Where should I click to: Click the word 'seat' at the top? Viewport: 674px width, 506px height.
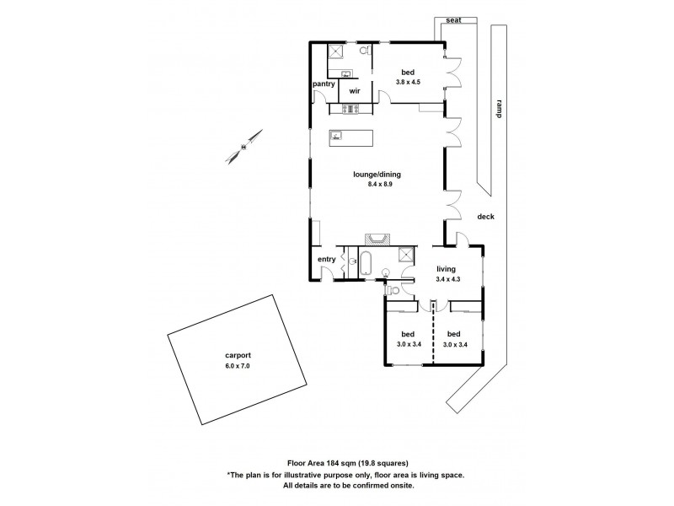[x=453, y=21]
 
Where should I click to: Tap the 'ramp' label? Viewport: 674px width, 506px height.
[x=499, y=108]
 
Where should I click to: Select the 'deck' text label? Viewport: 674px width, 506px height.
[x=485, y=217]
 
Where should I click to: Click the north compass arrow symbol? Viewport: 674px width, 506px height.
[x=243, y=147]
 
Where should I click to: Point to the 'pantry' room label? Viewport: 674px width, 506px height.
[x=324, y=83]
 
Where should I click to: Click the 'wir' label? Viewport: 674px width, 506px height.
[x=355, y=91]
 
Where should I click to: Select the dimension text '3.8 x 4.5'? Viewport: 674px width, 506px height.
[x=408, y=82]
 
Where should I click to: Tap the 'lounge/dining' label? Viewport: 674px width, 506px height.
[x=377, y=175]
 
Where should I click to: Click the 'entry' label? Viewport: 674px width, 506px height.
[x=325, y=259]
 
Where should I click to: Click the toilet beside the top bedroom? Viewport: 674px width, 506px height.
[x=364, y=52]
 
